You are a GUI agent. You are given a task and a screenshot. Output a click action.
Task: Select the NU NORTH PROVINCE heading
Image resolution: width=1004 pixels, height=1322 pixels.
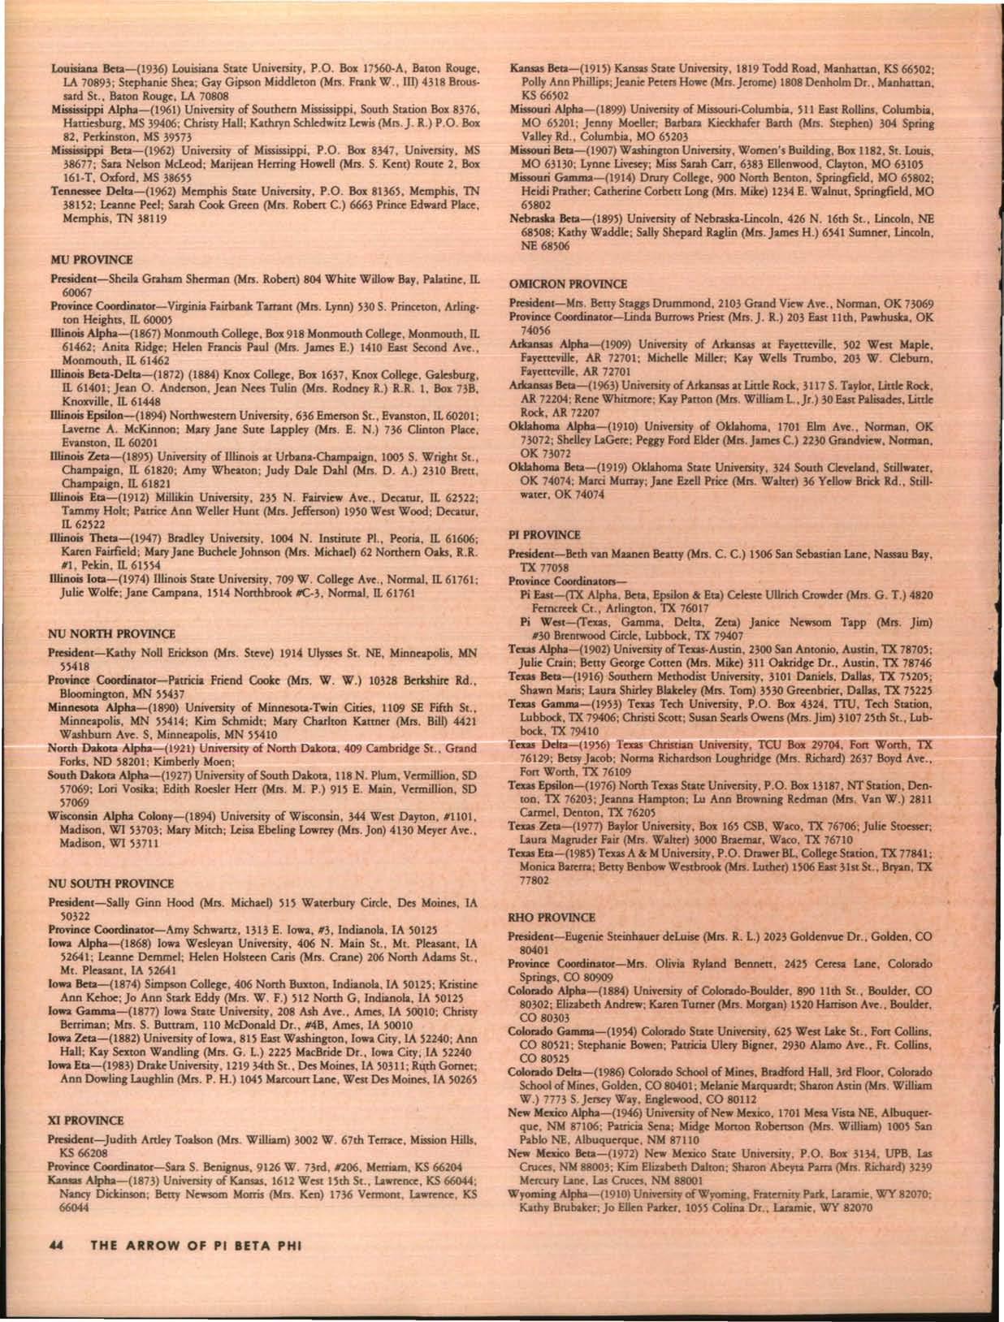(111, 633)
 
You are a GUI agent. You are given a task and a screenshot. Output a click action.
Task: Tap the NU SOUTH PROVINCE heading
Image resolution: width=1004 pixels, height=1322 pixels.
(111, 883)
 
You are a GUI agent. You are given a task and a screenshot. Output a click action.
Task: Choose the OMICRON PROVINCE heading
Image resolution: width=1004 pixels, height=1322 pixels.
(568, 284)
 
